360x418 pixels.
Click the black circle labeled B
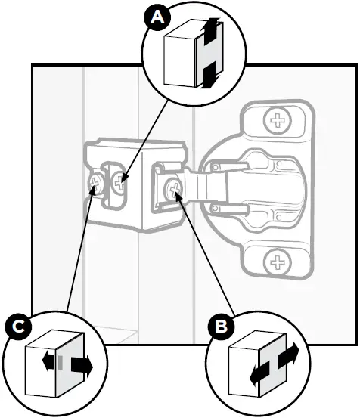(x=221, y=328)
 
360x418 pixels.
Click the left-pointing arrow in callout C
(x=50, y=364)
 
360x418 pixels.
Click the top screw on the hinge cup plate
(x=278, y=119)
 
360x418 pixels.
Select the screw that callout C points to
(x=98, y=182)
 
